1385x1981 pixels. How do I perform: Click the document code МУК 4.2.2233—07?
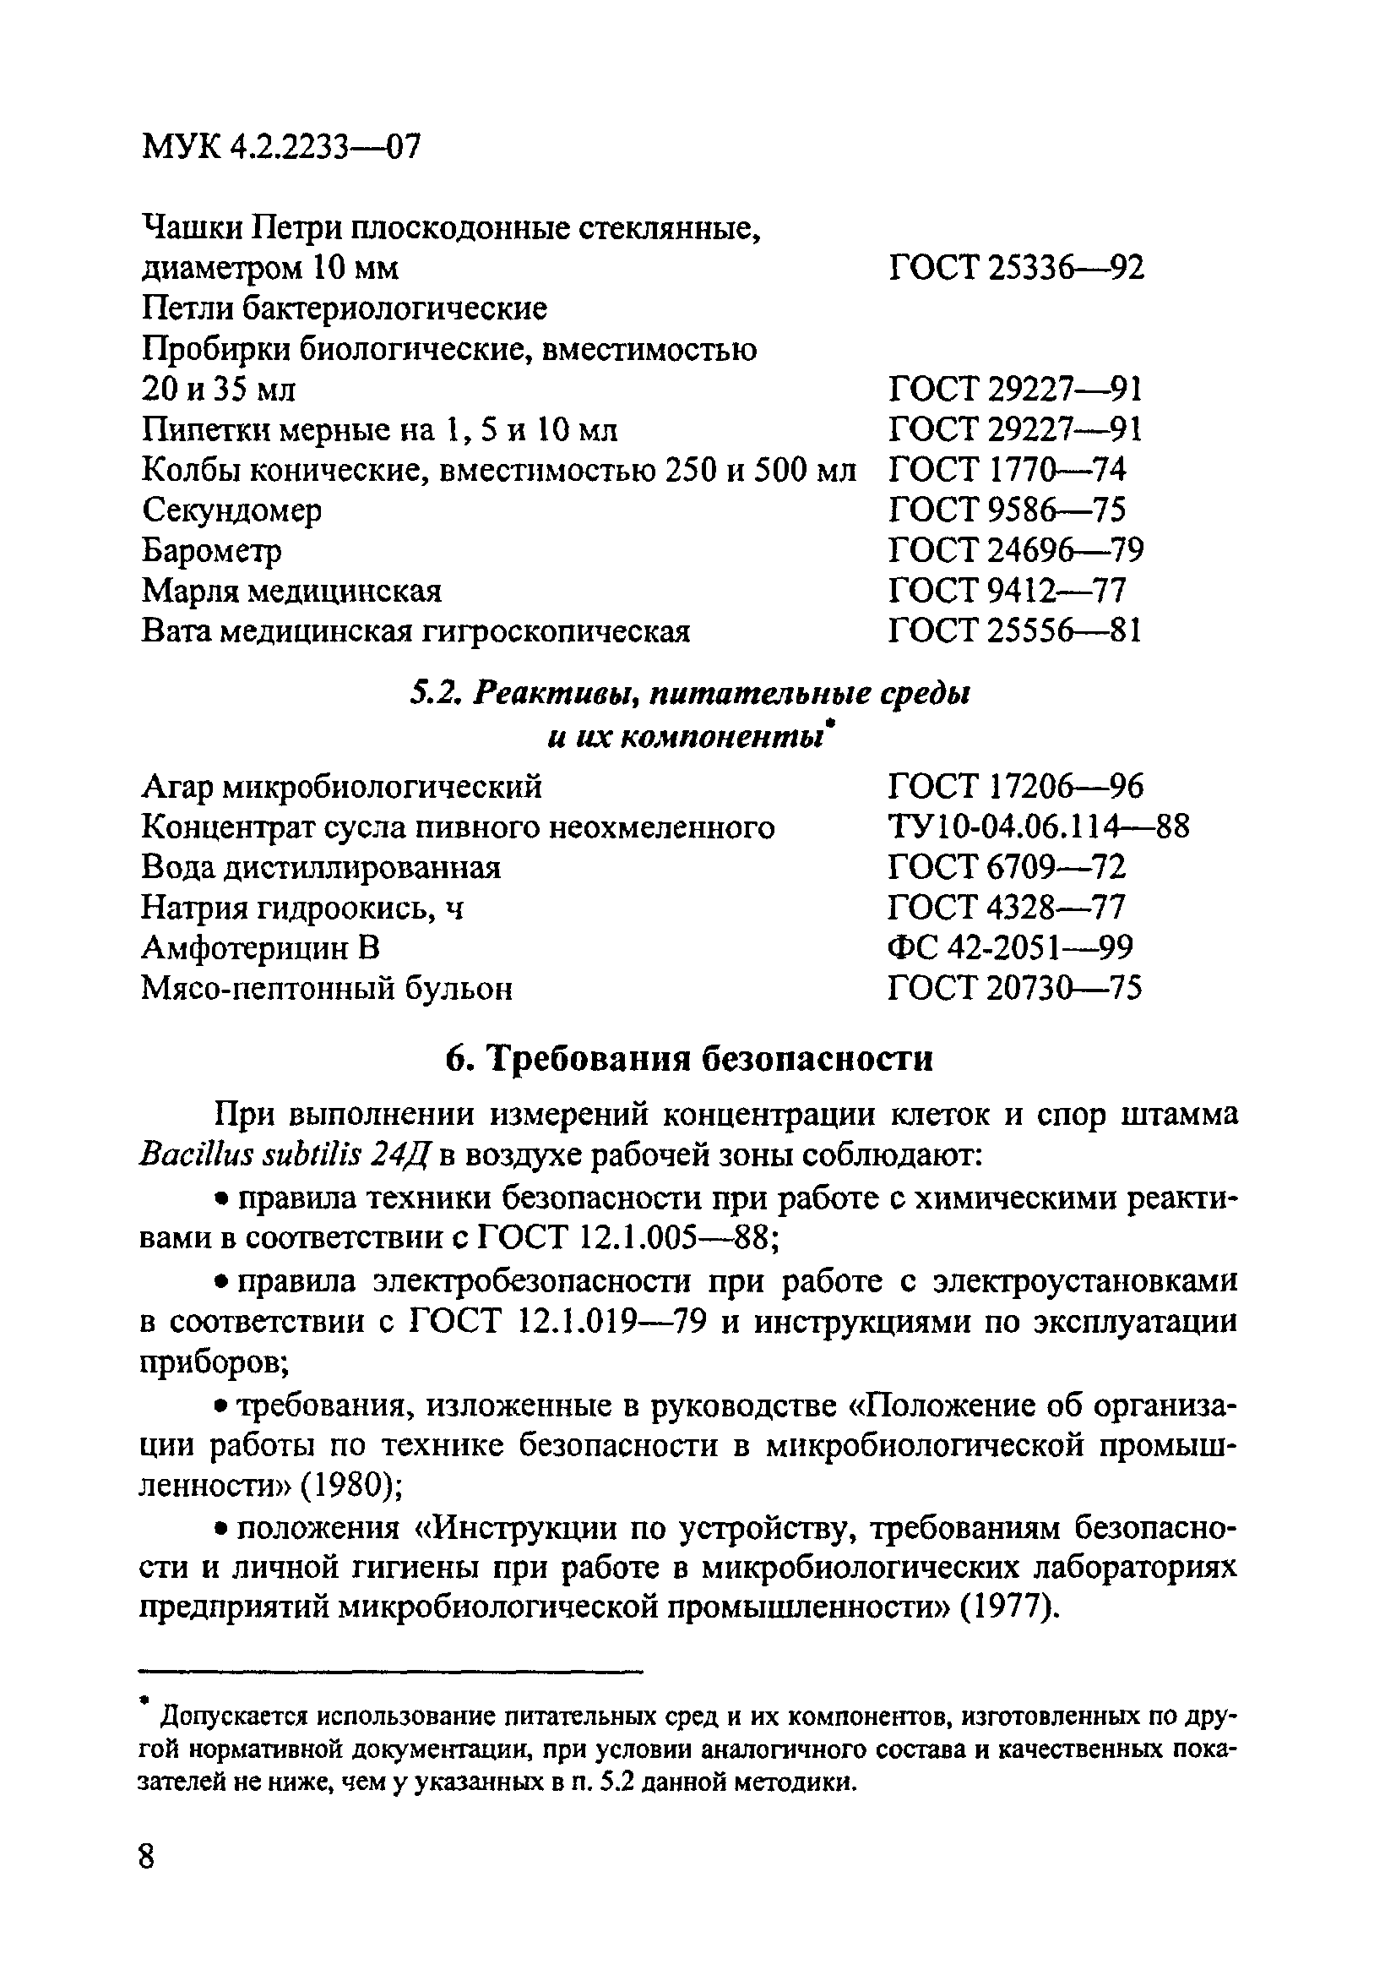(x=281, y=148)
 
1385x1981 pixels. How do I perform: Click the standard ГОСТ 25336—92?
(x=1015, y=269)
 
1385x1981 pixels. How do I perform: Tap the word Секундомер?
(x=231, y=510)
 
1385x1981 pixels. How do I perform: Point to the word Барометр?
(x=211, y=550)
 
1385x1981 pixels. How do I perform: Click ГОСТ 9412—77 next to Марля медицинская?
(x=1007, y=591)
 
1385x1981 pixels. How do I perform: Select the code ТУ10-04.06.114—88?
(x=1037, y=827)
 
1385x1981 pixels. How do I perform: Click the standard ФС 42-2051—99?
(x=1009, y=947)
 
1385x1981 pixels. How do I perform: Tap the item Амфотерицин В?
(x=259, y=947)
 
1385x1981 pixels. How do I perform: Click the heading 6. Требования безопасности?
(x=689, y=1058)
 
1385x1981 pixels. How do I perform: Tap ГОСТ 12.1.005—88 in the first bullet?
(x=627, y=1238)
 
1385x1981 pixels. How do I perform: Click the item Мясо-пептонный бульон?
(x=326, y=988)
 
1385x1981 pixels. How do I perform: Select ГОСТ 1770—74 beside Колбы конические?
(x=1007, y=470)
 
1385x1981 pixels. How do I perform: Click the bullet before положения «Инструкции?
(x=220, y=1530)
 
